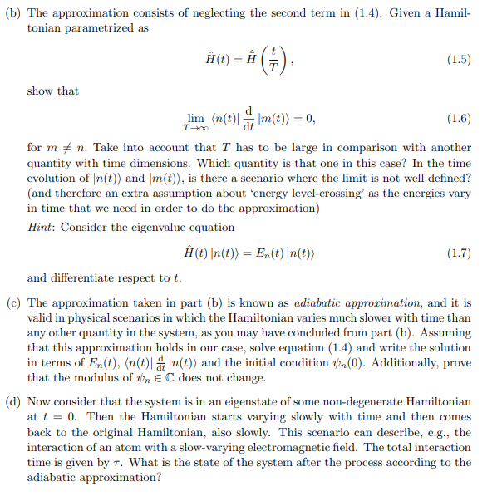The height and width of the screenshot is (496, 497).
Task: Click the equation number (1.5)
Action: (459, 59)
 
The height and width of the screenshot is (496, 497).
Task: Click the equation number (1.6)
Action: (459, 119)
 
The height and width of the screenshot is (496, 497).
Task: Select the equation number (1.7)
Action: (459, 251)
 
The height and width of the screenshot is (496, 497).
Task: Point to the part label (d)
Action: (13, 401)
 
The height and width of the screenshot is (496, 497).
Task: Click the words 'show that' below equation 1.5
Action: (52, 91)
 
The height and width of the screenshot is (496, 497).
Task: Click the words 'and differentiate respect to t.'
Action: (104, 277)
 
